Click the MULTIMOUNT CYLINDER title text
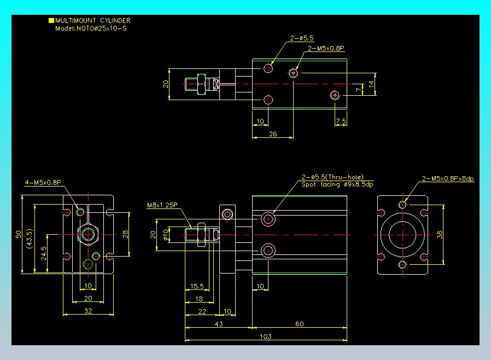pyautogui.click(x=93, y=21)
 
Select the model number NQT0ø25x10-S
pyautogui.click(x=102, y=28)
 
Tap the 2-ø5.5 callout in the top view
pyautogui.click(x=302, y=38)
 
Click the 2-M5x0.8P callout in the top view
pyautogui.click(x=326, y=48)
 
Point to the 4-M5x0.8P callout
pyautogui.click(x=43, y=182)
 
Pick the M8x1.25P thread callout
pyautogui.click(x=162, y=205)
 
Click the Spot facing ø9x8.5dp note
pyautogui.click(x=337, y=184)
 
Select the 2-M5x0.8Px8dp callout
pyautogui.click(x=448, y=178)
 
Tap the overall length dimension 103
pyautogui.click(x=266, y=336)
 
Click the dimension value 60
pyautogui.click(x=300, y=324)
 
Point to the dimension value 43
pyautogui.click(x=219, y=324)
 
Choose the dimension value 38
pyautogui.click(x=440, y=235)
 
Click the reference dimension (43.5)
pyautogui.click(x=30, y=239)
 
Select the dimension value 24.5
pyautogui.click(x=44, y=253)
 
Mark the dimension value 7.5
pyautogui.click(x=341, y=121)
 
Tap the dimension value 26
pyautogui.click(x=273, y=134)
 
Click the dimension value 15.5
pyautogui.click(x=197, y=286)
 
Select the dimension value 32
pyautogui.click(x=89, y=311)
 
